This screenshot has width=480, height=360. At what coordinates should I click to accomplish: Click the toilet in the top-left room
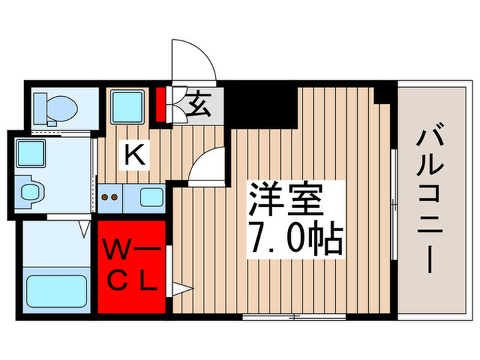[57, 106]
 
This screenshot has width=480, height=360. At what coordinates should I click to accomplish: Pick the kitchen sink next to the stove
[152, 196]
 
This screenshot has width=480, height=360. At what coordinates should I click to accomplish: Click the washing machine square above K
[128, 106]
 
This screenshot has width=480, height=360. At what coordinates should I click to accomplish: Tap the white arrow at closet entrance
[177, 289]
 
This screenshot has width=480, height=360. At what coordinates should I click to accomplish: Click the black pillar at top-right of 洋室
[385, 93]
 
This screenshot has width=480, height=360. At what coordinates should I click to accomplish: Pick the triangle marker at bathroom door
[85, 227]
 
